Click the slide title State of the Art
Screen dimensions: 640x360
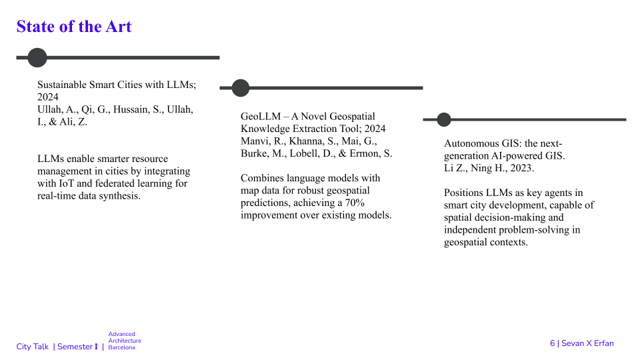(74, 27)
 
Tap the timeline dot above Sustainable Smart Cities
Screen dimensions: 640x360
(37, 57)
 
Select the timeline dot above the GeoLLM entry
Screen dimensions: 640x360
(241, 88)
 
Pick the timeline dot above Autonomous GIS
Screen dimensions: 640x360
(444, 119)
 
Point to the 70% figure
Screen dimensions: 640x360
(355, 203)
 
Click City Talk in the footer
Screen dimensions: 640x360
(32, 347)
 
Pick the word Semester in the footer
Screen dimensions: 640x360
(75, 347)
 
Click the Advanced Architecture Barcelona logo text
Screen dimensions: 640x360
(125, 341)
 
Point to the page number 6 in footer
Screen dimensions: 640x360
(552, 343)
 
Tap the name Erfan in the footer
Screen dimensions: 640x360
(604, 343)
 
